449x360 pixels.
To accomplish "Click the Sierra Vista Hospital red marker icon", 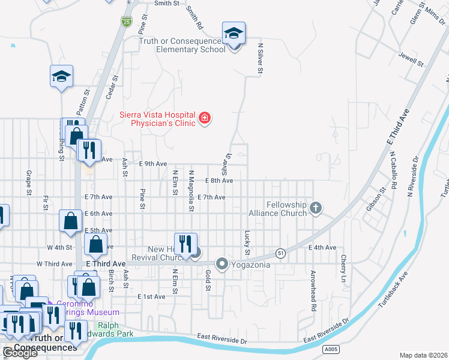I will pyautogui.click(x=205, y=117).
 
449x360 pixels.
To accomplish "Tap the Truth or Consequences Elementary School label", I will pyautogui.click(x=182, y=45).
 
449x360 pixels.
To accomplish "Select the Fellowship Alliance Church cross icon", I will pyautogui.click(x=316, y=209).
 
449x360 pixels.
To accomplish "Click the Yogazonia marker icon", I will pyautogui.click(x=222, y=264).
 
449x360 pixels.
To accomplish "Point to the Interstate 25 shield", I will pyautogui.click(x=127, y=22).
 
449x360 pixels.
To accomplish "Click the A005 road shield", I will pyautogui.click(x=329, y=348).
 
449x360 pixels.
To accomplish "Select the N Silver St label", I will pyautogui.click(x=261, y=58).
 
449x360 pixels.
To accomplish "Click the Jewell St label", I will pyautogui.click(x=411, y=58).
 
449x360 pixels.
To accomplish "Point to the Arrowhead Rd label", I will pyautogui.click(x=313, y=290).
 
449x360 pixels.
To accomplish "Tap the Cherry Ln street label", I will pyautogui.click(x=344, y=268).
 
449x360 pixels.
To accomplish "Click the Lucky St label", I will pyautogui.click(x=247, y=241).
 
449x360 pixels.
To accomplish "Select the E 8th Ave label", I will pyautogui.click(x=218, y=181).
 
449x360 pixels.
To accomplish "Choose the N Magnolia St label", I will pyautogui.click(x=191, y=190).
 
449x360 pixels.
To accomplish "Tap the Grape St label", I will pyautogui.click(x=29, y=183).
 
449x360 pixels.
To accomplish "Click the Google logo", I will pyautogui.click(x=20, y=352).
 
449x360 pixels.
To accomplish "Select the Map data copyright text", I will pyautogui.click(x=424, y=355).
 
